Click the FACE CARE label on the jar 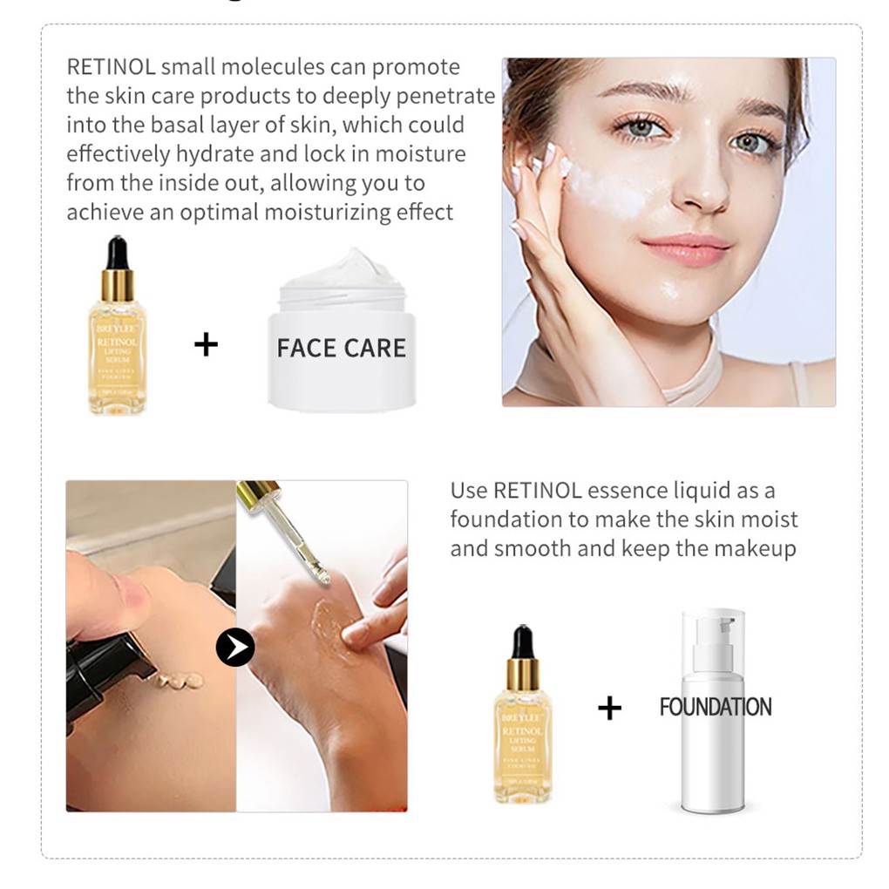341,348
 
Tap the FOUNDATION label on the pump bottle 715,707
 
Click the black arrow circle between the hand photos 235,648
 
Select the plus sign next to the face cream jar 206,345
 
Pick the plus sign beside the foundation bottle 609,708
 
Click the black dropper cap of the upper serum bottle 118,253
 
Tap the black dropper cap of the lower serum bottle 522,641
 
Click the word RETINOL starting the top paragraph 111,67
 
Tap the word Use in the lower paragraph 469,491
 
